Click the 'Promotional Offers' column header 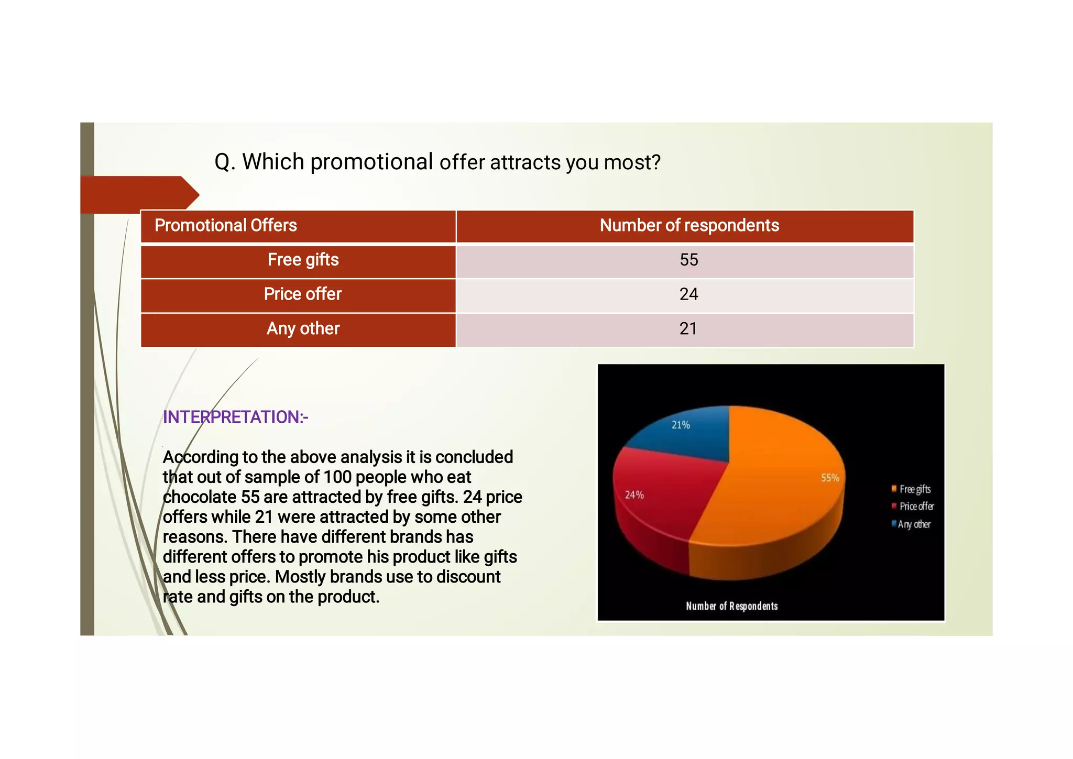point(226,226)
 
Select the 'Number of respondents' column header point(689,226)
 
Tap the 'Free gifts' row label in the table point(303,260)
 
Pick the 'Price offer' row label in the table point(302,294)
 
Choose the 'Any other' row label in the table point(303,329)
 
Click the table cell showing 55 point(688,260)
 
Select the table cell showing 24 point(688,294)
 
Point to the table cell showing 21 point(688,329)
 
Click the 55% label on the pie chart point(830,478)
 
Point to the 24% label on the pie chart point(634,495)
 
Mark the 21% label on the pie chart point(681,425)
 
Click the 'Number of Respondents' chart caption point(731,606)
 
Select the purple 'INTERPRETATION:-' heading point(235,417)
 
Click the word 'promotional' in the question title point(371,162)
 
